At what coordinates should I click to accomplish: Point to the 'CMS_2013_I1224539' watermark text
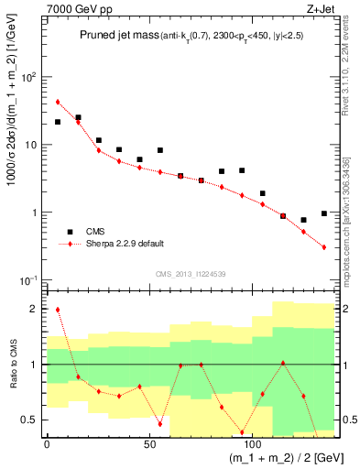tap(191, 273)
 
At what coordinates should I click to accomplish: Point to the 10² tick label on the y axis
tap(28, 77)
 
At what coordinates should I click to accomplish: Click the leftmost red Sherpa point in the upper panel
tap(58, 102)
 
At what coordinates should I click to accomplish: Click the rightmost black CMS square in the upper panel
tap(324, 213)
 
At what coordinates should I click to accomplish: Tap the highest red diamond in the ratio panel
tap(58, 310)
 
